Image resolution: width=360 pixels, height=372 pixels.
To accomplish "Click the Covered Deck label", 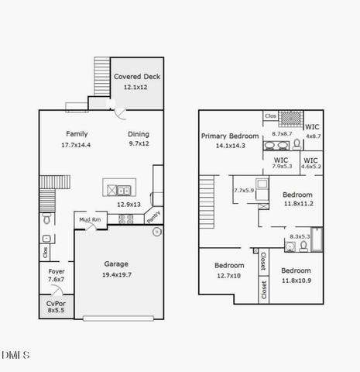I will (x=138, y=77).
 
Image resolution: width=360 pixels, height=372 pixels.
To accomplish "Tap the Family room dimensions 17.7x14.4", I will (x=76, y=145).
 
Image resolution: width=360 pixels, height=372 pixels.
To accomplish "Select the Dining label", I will (x=139, y=134).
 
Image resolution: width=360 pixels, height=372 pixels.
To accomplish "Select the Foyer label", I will (x=57, y=271).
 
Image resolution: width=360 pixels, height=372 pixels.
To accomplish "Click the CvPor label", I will (x=56, y=304).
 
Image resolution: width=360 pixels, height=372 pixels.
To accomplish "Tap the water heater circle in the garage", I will (x=156, y=231).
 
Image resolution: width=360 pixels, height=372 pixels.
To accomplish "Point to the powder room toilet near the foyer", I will (x=47, y=220).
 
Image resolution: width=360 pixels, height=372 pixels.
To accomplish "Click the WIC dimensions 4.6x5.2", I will (x=310, y=166).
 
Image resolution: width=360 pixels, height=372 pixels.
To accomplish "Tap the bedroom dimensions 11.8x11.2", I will (x=297, y=205).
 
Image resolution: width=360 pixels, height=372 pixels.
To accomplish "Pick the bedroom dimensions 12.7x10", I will (x=228, y=275).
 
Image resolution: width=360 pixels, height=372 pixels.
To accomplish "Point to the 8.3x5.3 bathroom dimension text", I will (x=299, y=236).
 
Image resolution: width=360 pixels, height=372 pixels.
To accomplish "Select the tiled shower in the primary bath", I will (x=290, y=118).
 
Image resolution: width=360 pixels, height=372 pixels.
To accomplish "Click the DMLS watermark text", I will (x=15, y=355).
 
